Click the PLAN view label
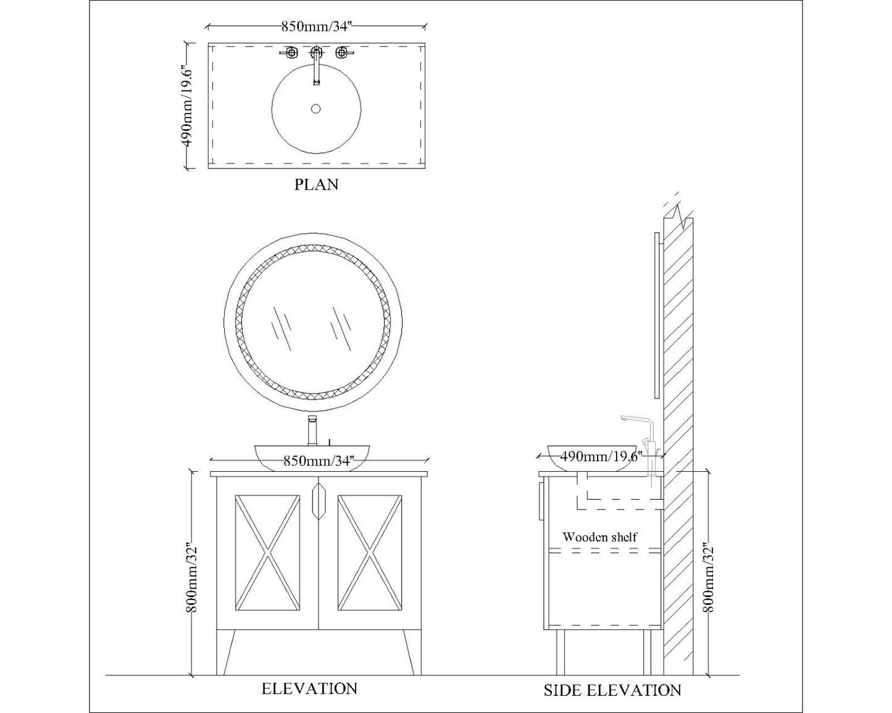(x=316, y=185)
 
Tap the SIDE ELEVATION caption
(x=612, y=690)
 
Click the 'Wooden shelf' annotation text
(x=599, y=537)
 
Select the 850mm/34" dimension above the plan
(x=316, y=27)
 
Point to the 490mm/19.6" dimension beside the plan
(x=188, y=105)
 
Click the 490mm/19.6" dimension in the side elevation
(x=601, y=456)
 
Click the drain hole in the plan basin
(x=316, y=109)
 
